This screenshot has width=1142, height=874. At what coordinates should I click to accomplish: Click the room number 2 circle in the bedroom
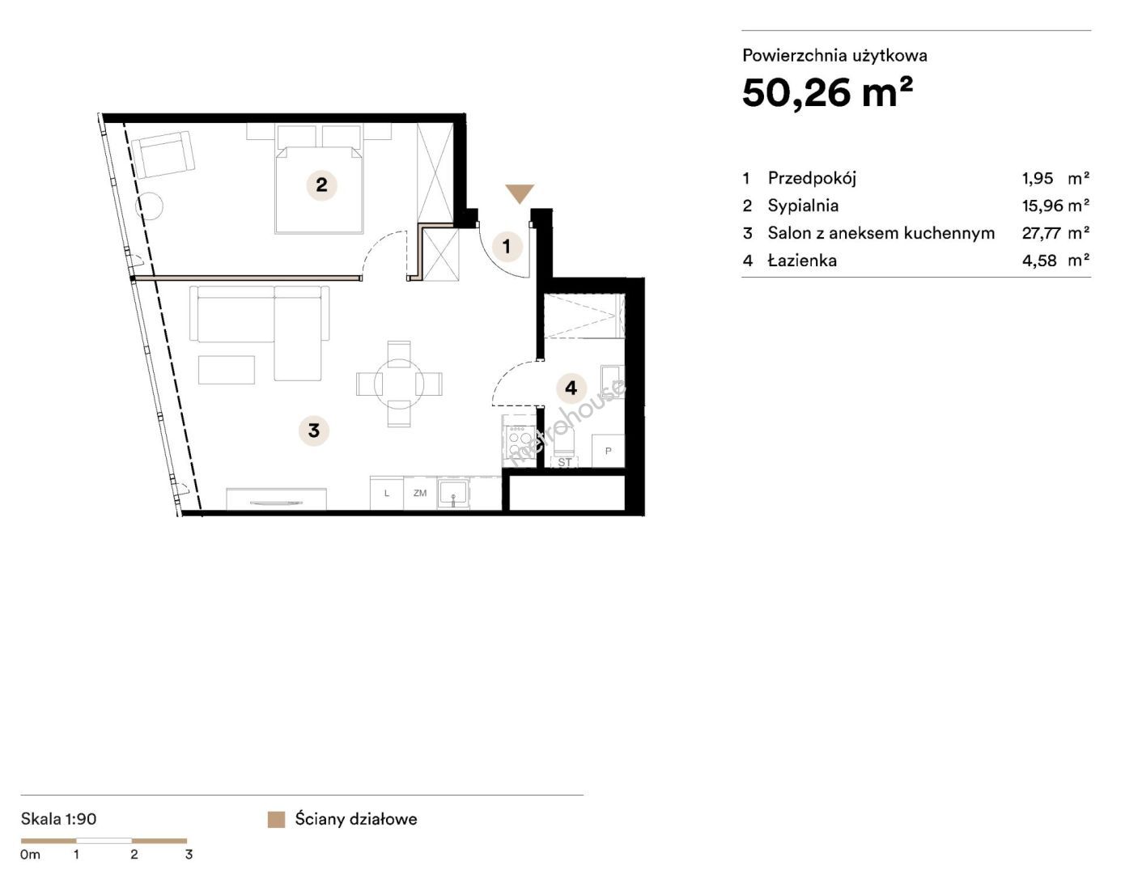coord(321,185)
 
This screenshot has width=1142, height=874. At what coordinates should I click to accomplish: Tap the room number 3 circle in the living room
coord(314,431)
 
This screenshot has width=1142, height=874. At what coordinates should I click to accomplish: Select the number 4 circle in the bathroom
coord(571,388)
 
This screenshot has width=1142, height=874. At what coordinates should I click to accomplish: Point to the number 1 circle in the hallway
coord(506,246)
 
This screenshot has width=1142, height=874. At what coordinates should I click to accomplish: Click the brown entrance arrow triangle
coord(520,192)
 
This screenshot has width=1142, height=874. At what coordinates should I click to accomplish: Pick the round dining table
coord(399,384)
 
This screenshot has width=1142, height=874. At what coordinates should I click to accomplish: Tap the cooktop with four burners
coord(520,440)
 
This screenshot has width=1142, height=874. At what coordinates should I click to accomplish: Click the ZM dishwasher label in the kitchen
coord(420,493)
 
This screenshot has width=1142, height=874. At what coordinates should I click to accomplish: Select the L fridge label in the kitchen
coord(387,493)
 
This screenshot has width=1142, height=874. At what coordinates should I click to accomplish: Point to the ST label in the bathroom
coord(564,462)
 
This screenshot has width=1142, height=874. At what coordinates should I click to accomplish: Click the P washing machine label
coord(608,451)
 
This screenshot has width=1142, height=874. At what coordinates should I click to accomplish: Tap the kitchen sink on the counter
coord(453,493)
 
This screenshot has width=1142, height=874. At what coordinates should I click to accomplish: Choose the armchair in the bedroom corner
coord(163,155)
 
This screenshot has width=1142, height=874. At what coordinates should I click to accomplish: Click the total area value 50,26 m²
coord(827,93)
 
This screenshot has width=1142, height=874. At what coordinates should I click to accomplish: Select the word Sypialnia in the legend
coord(803,206)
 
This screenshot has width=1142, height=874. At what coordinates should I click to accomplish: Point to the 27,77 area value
coord(1041,233)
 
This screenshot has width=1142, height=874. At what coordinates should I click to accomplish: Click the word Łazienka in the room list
coord(802,260)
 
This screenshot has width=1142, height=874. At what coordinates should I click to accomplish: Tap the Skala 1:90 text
coord(59,819)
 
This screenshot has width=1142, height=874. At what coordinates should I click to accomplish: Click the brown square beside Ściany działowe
coord(276,819)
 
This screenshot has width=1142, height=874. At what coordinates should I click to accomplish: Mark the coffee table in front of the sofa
coord(227,370)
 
